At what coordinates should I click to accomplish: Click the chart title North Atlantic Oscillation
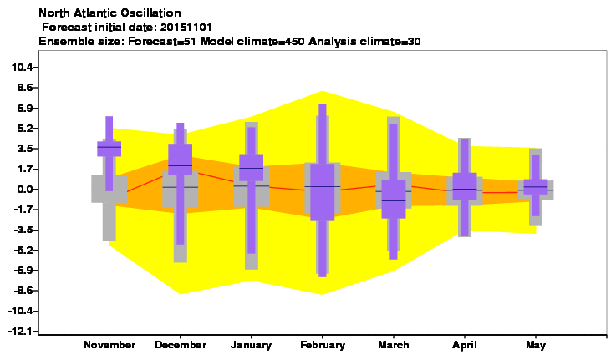pyautogui.click(x=109, y=13)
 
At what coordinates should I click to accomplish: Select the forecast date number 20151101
pyautogui.click(x=186, y=28)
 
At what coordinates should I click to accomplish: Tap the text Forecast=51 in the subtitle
pyautogui.click(x=162, y=41)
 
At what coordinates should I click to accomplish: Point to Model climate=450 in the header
pyautogui.click(x=252, y=41)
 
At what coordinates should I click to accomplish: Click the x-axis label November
pyautogui.click(x=109, y=345)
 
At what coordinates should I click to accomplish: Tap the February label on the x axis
pyautogui.click(x=323, y=345)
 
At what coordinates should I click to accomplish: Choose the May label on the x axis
pyautogui.click(x=536, y=346)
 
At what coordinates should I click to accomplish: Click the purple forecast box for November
pyautogui.click(x=109, y=149)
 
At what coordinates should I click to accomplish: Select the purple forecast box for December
pyautogui.click(x=181, y=159)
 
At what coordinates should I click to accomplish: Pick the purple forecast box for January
pyautogui.click(x=252, y=167)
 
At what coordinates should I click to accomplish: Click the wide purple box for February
pyautogui.click(x=323, y=191)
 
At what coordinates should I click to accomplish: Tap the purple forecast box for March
pyautogui.click(x=394, y=199)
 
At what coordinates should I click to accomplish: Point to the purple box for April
pyautogui.click(x=465, y=186)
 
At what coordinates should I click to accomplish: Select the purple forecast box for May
pyautogui.click(x=536, y=187)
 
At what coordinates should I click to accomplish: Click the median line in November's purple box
pyautogui.click(x=109, y=147)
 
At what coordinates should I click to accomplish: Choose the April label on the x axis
pyautogui.click(x=465, y=346)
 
